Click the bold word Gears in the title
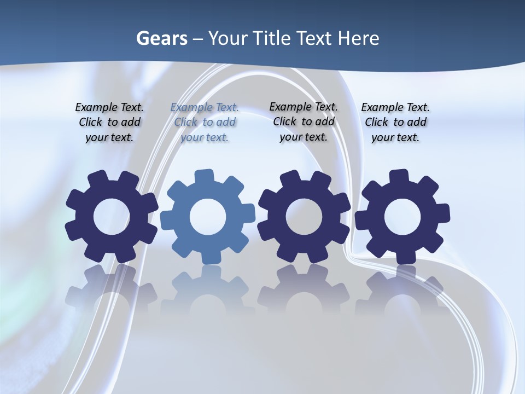click(162, 38)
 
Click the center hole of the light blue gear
click(207, 217)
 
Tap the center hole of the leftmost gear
click(111, 217)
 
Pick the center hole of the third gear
click(304, 217)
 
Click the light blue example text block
click(205, 123)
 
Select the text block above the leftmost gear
click(109, 123)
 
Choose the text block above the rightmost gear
click(395, 123)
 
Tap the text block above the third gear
click(304, 121)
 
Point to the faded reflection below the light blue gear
click(207, 290)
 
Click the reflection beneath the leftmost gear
click(111, 290)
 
